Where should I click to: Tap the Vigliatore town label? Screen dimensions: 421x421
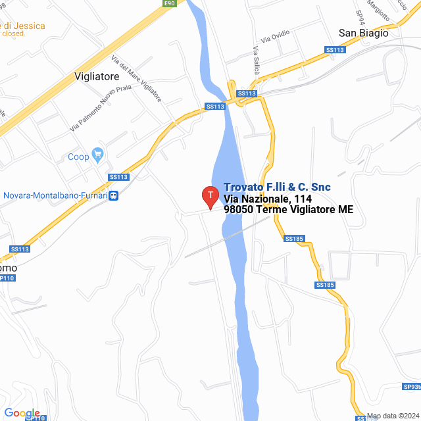click(x=97, y=76)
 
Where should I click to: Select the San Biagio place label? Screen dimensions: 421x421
click(x=363, y=33)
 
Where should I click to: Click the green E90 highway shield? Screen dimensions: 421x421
click(x=170, y=4)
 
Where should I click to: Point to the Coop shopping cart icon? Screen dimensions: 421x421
click(x=98, y=156)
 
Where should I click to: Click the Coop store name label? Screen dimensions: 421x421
click(x=78, y=157)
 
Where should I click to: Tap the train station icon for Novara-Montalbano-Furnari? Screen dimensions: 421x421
click(x=114, y=195)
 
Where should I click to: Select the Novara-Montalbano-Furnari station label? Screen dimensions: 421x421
click(x=56, y=195)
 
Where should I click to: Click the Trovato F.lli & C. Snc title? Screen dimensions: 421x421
click(x=277, y=187)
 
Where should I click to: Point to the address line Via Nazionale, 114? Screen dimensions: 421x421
click(x=268, y=199)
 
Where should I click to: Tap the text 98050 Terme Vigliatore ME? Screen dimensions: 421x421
click(x=289, y=210)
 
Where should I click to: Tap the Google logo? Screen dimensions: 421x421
click(x=22, y=412)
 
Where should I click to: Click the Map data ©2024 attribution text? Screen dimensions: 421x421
click(x=393, y=416)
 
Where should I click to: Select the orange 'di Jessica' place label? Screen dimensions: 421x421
click(x=24, y=26)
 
